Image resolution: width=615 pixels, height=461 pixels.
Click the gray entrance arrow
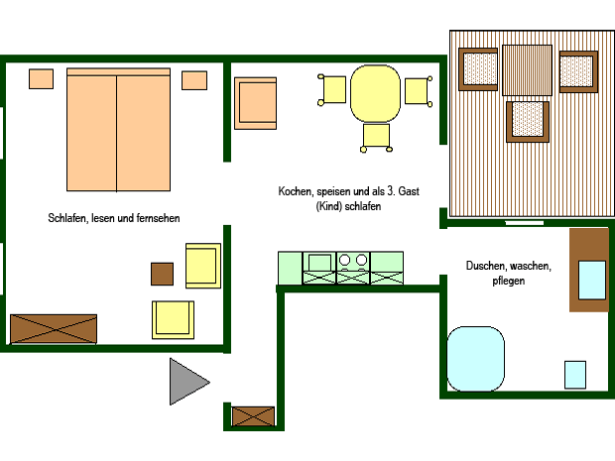click(x=186, y=382)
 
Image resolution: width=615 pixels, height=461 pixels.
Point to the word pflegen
click(x=508, y=281)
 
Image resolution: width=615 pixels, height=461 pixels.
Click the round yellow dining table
click(x=375, y=94)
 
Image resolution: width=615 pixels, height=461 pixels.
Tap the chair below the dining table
click(x=376, y=138)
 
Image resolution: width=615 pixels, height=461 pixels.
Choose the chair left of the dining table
click(x=332, y=90)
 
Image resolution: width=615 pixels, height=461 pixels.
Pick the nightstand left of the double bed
click(x=42, y=78)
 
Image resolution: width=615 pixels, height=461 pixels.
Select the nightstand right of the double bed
click(x=194, y=80)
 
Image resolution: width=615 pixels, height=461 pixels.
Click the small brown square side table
click(x=162, y=274)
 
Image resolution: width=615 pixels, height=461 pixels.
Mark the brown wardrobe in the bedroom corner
click(x=54, y=328)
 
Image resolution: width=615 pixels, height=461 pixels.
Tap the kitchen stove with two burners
click(x=353, y=268)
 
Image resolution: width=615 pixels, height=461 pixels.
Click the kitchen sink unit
click(x=319, y=268)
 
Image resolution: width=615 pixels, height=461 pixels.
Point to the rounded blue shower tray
click(x=475, y=359)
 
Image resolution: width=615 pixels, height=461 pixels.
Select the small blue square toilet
click(x=575, y=375)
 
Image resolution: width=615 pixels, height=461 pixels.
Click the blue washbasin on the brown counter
click(x=592, y=281)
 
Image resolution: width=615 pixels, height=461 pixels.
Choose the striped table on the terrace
click(x=527, y=70)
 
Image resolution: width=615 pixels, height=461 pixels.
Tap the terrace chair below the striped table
click(x=528, y=122)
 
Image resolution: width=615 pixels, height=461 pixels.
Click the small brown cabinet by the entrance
click(x=253, y=416)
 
